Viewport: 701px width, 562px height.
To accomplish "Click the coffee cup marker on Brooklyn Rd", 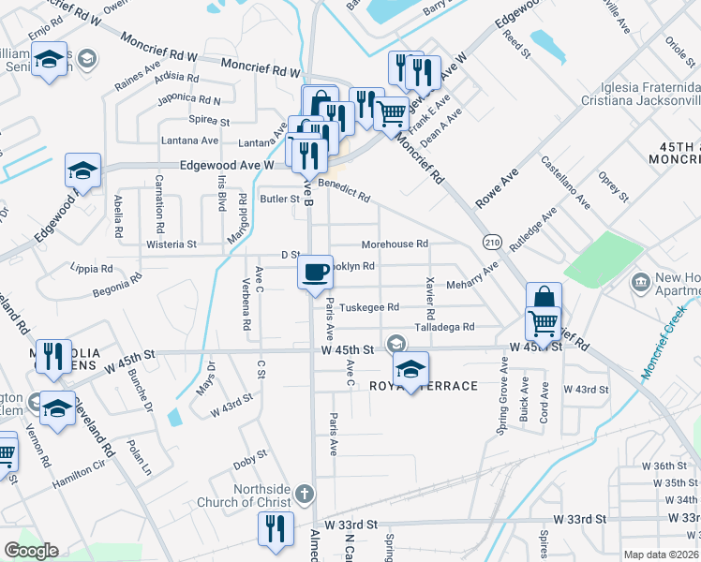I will pyautogui.click(x=315, y=272).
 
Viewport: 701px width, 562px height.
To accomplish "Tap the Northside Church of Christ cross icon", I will pyautogui.click(x=303, y=493).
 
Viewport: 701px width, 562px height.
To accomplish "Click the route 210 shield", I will pyautogui.click(x=493, y=242).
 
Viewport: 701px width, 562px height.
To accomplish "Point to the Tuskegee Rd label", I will pyautogui.click(x=369, y=307).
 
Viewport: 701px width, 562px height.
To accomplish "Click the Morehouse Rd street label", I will pyautogui.click(x=395, y=244).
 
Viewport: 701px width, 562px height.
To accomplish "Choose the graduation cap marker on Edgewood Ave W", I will pyautogui.click(x=82, y=172).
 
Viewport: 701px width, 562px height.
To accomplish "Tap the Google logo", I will pyautogui.click(x=31, y=550).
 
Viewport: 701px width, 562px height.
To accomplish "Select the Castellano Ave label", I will pyautogui.click(x=565, y=183).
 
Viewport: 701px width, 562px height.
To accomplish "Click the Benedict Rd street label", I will pyautogui.click(x=344, y=190).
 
